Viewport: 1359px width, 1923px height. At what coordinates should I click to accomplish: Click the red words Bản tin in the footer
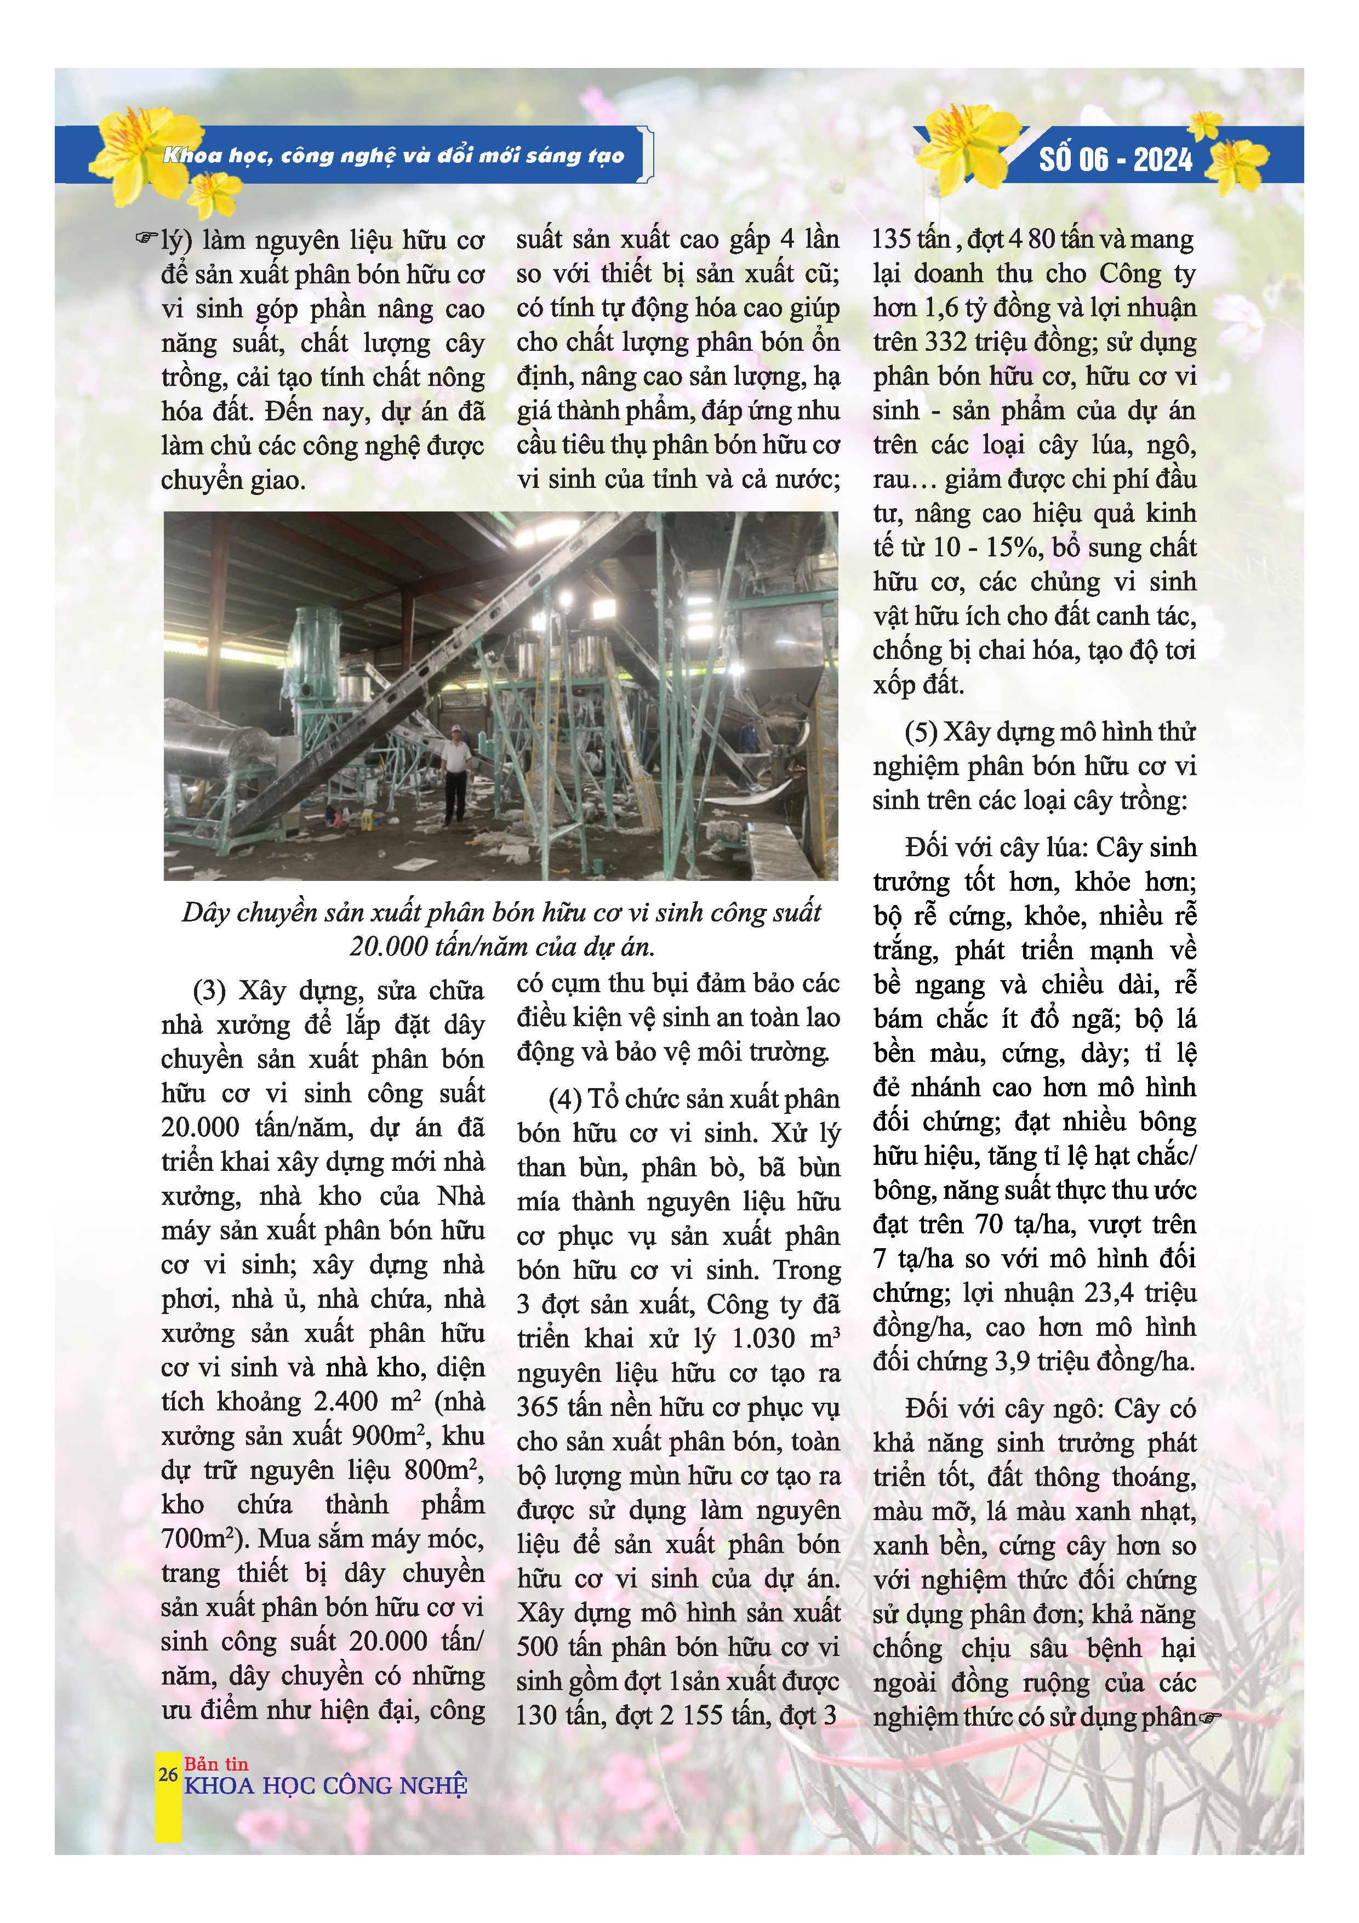217,1764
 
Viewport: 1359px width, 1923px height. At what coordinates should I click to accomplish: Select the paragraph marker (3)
209,991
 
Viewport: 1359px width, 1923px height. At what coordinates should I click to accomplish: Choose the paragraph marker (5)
921,732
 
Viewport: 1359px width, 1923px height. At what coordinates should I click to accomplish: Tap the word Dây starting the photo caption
205,913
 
